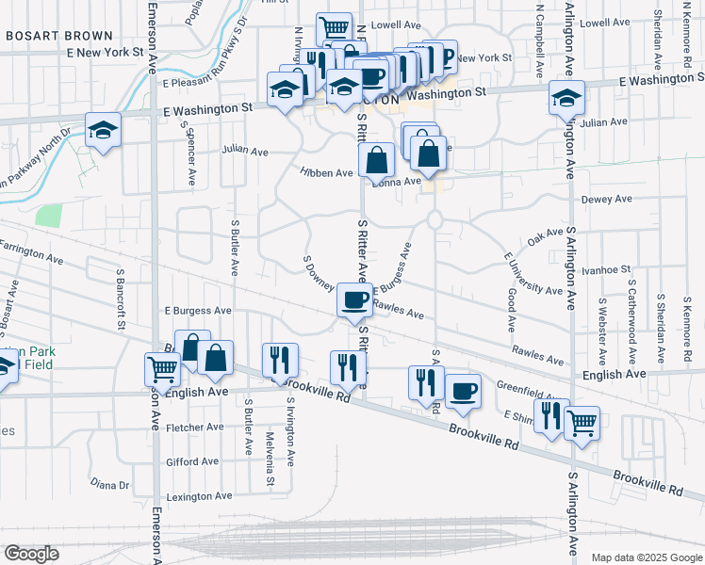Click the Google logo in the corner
(32, 554)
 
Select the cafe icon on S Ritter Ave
(355, 300)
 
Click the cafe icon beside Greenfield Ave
(462, 391)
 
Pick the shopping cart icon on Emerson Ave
(162, 369)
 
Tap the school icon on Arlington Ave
(567, 98)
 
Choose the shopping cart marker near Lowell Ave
(334, 29)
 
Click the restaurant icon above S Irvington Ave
(281, 360)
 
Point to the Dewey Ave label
(607, 200)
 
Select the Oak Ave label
(546, 239)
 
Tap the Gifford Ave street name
(192, 461)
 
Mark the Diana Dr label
(109, 485)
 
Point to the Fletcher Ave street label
(194, 427)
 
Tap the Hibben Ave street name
(326, 173)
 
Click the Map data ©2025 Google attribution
(646, 557)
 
